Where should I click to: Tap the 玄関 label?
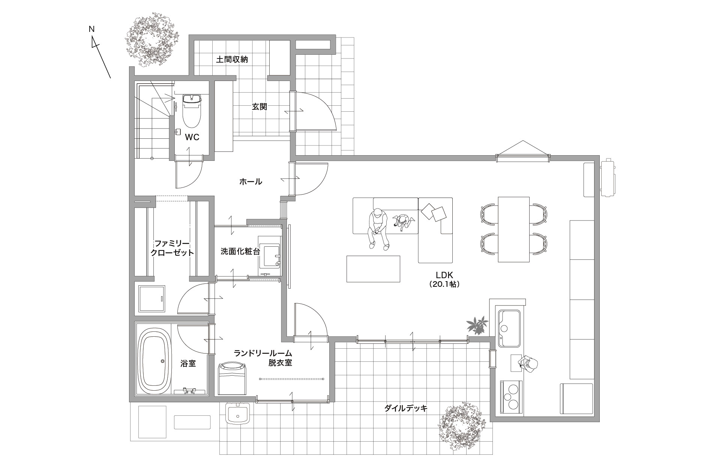[259, 106]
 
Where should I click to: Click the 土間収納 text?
[232, 59]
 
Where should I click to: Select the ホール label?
[251, 182]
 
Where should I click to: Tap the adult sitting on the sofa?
[378, 229]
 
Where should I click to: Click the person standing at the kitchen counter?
[528, 364]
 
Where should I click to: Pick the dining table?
[513, 229]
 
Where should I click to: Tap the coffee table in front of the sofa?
[373, 268]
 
